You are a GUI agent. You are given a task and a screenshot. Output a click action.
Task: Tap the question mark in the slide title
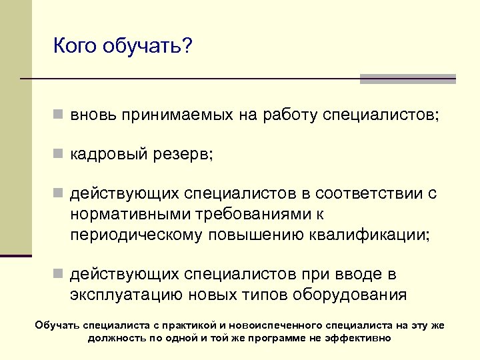[x=187, y=46]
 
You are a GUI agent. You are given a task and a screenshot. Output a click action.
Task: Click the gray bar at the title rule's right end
[x=407, y=79]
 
